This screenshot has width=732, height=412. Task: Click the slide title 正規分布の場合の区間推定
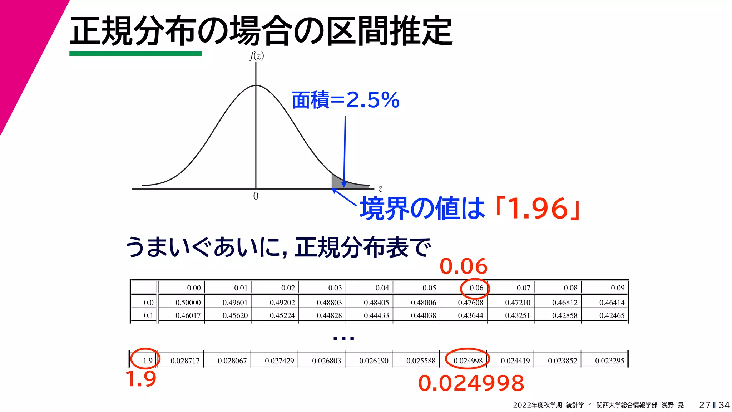click(261, 31)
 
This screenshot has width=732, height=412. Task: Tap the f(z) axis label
click(256, 56)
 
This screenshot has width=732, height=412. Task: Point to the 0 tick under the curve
click(256, 196)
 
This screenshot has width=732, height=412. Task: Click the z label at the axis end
click(380, 188)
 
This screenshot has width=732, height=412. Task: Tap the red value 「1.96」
click(538, 209)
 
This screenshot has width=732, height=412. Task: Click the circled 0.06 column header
click(476, 288)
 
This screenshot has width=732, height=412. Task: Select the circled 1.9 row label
click(148, 360)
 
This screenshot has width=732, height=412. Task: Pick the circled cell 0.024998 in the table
click(468, 360)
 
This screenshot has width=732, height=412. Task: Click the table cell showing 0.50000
click(188, 303)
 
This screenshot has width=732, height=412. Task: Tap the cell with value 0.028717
click(185, 360)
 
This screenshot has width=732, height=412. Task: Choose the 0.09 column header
click(617, 288)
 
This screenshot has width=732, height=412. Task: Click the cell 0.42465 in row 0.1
click(612, 315)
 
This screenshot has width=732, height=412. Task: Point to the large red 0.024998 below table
click(471, 383)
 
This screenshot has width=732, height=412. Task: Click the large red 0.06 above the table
click(463, 266)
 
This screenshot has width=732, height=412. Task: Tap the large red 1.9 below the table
click(141, 379)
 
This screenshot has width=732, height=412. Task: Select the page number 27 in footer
click(704, 405)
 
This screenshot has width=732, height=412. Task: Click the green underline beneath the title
click(135, 54)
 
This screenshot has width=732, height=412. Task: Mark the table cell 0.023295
click(609, 360)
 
